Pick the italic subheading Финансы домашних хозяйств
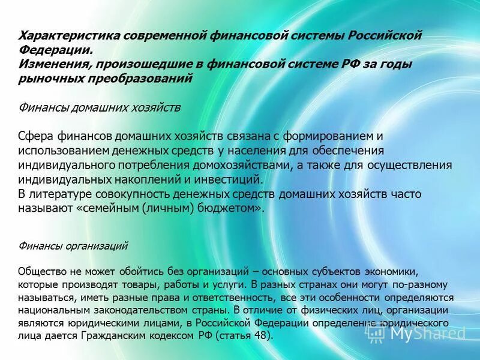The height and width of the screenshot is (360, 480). click(100, 107)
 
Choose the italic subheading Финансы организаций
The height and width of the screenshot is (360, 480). click(73, 245)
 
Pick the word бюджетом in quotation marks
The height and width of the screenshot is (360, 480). click(232, 209)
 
